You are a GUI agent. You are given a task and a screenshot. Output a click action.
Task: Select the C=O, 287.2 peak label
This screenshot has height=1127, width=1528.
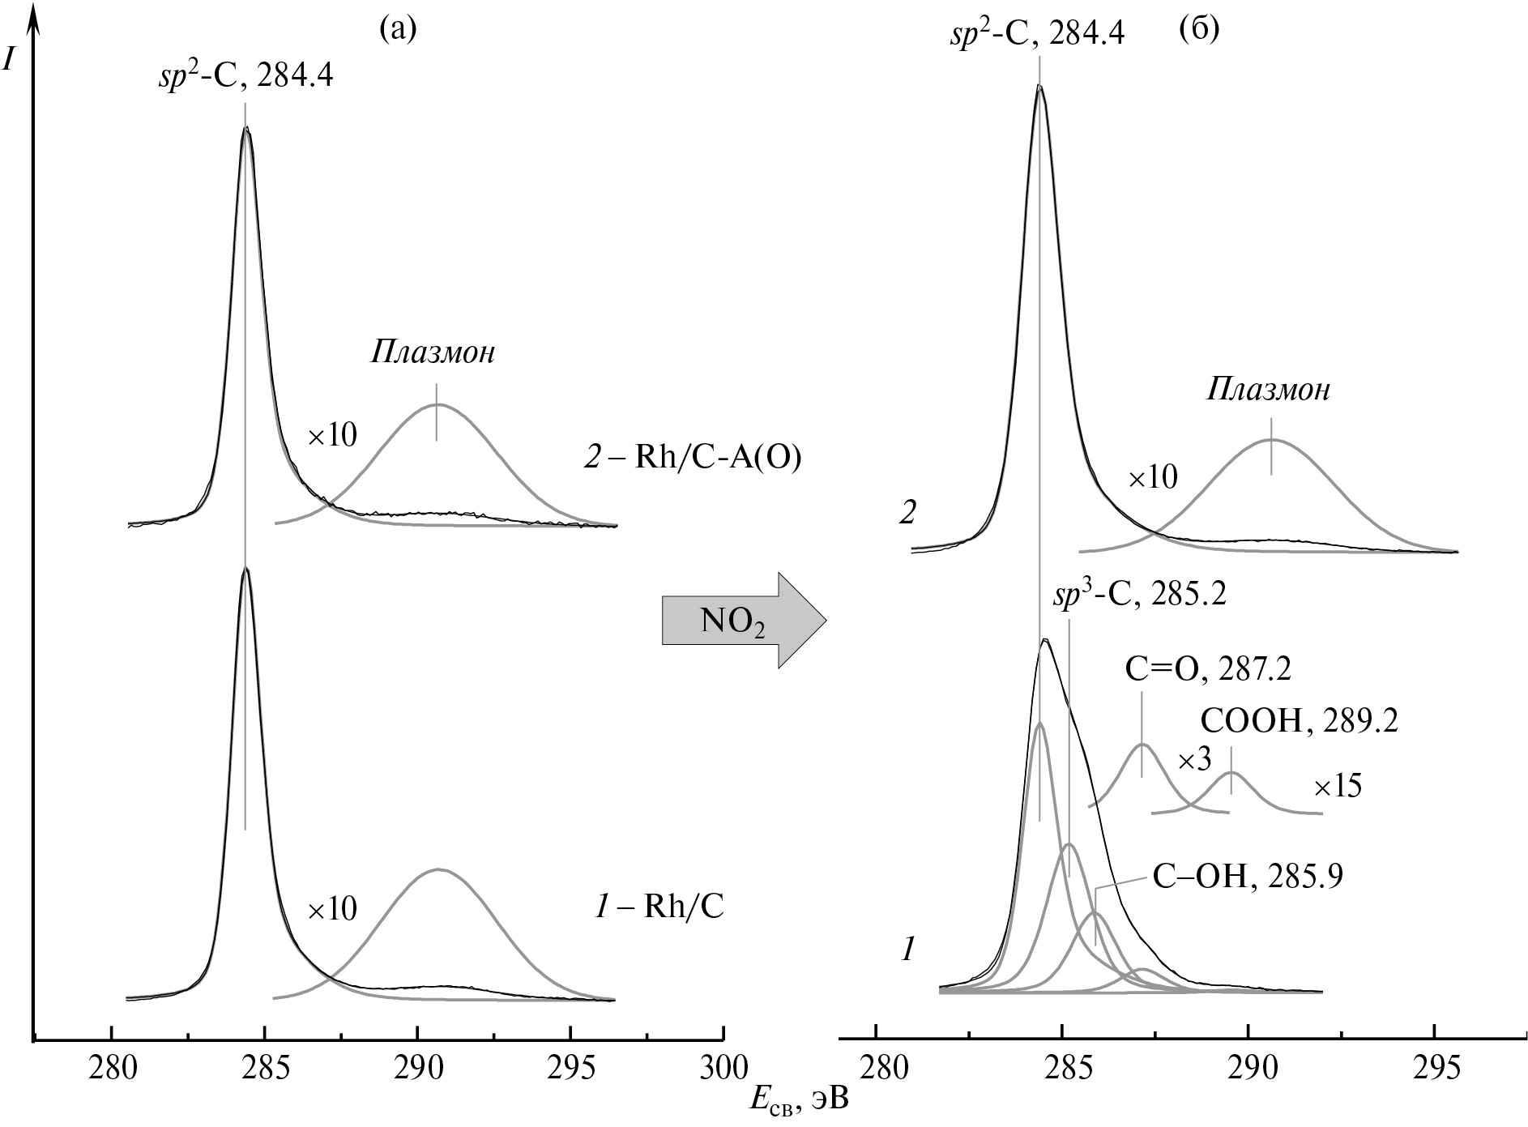click(x=1207, y=668)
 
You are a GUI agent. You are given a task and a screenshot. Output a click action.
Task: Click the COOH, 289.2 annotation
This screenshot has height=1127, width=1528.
click(x=1299, y=721)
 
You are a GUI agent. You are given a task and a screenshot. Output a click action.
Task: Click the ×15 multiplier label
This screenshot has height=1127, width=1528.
click(x=1338, y=787)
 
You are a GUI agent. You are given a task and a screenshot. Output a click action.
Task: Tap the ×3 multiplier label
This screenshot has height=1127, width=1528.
click(x=1194, y=761)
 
